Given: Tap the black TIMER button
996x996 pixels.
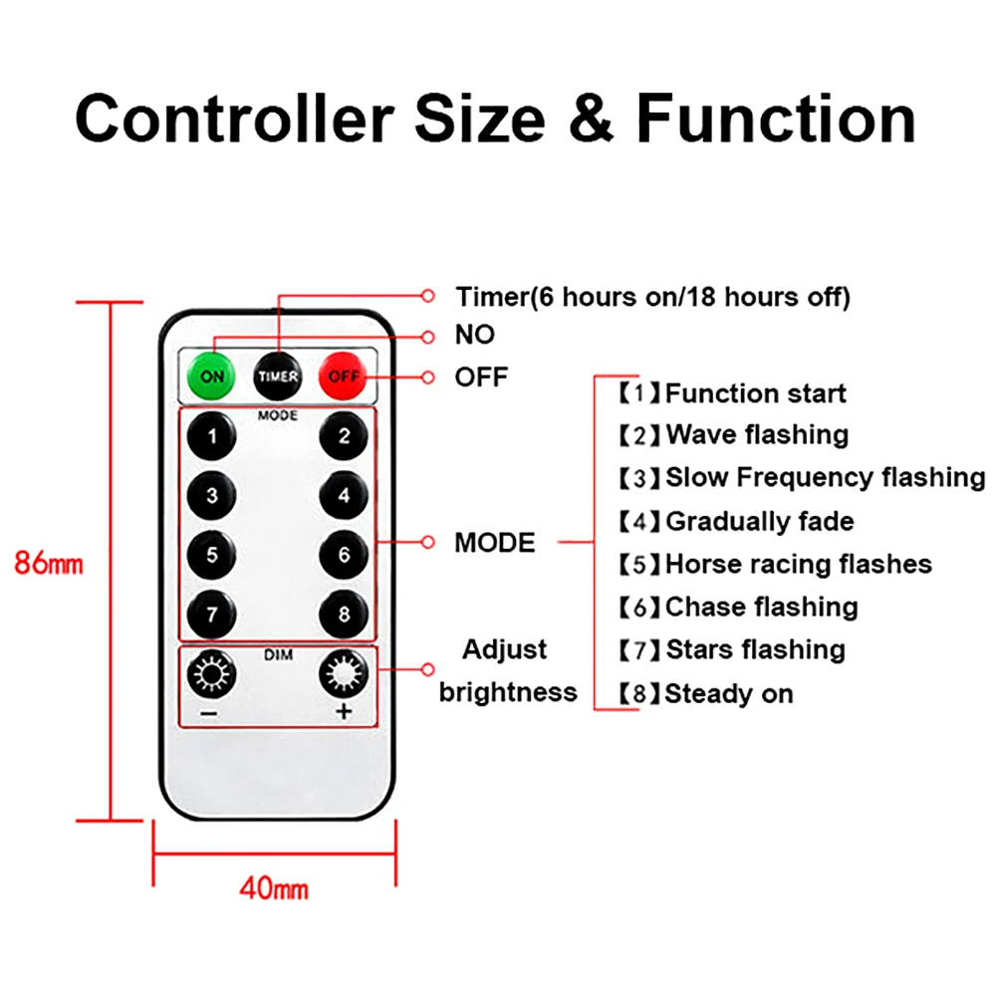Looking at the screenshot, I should tap(278, 376).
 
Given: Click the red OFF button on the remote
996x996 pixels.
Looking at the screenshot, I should tap(343, 376).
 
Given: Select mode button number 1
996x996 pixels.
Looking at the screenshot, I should tap(212, 435).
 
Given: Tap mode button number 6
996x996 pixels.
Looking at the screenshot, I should tap(344, 555).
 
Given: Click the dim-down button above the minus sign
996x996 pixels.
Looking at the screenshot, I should tap(212, 675).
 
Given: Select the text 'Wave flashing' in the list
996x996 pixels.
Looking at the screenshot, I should tap(757, 435).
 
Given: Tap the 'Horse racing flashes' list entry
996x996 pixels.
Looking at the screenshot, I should tap(799, 565).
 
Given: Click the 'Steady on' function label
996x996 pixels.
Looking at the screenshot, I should tap(729, 693).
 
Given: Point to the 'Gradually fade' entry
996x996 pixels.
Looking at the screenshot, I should tap(759, 521).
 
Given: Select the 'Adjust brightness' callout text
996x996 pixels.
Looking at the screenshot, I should tap(507, 670).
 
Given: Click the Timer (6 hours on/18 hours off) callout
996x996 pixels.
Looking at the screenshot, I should tap(652, 297).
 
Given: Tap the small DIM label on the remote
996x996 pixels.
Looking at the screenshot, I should tap(277, 654).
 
